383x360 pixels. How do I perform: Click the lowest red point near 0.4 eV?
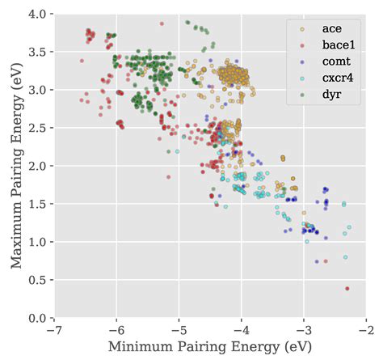click(x=347, y=288)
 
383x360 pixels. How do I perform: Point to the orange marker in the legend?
click(x=301, y=30)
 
